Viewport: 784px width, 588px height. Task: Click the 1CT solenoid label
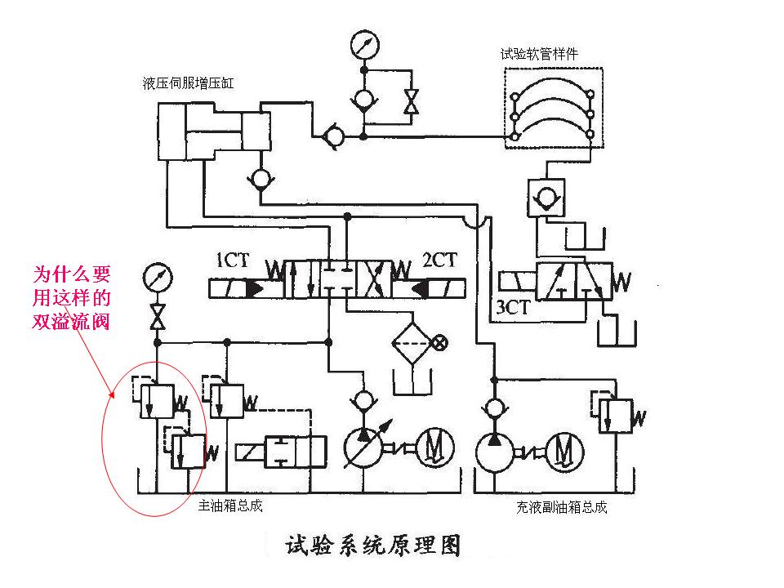[x=231, y=261]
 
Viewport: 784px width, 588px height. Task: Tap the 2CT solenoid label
[x=439, y=261]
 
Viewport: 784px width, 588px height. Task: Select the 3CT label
[x=513, y=308]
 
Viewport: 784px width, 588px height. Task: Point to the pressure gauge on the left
[x=154, y=278]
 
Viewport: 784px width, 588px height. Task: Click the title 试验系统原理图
[x=372, y=545]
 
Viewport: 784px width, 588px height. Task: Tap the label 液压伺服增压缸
[x=187, y=82]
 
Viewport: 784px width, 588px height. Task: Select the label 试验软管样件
[x=540, y=54]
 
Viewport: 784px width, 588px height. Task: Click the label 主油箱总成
[x=230, y=506]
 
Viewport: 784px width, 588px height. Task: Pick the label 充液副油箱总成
[x=561, y=506]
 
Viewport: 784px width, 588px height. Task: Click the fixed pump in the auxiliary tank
[x=495, y=449]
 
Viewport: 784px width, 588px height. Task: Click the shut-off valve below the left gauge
[x=155, y=316]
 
